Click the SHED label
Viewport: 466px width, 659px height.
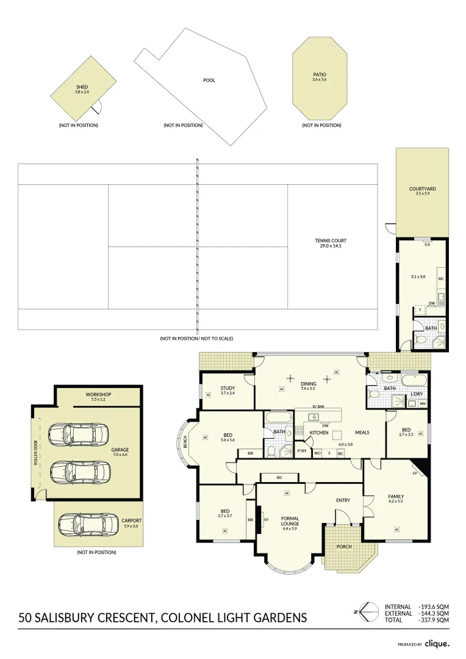(82, 87)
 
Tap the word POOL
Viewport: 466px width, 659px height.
(209, 80)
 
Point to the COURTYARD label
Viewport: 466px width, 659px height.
(422, 189)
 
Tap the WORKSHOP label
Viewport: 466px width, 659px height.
(98, 395)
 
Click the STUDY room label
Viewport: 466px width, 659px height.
(228, 388)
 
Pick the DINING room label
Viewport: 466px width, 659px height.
(308, 384)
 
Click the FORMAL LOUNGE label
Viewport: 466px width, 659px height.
(289, 521)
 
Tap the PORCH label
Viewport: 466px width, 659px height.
(344, 546)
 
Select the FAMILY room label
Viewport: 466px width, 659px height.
(396, 497)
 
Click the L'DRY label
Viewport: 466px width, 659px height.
(417, 394)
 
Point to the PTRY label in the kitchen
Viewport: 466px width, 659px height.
(302, 451)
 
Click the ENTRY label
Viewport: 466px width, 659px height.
(343, 500)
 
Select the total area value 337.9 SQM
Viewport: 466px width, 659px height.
(434, 620)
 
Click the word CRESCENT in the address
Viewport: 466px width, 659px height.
(127, 618)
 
